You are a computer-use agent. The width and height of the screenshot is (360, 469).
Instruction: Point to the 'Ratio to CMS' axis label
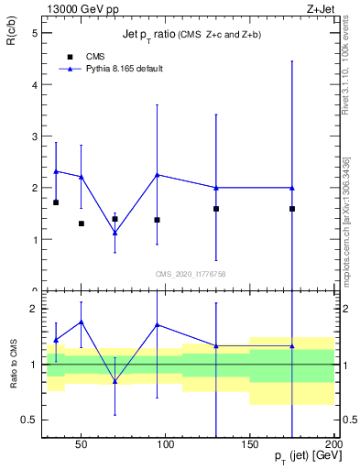tap(14, 364)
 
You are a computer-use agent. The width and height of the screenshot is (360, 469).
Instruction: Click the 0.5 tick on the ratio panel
tap(29, 420)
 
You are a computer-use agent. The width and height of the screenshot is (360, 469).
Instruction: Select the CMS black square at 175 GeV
tap(292, 209)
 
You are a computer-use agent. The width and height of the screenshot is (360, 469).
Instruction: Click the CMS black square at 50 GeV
tap(82, 224)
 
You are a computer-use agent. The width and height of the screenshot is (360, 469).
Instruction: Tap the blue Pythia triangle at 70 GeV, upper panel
tap(115, 233)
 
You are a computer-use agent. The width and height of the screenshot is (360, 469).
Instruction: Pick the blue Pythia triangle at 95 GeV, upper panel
tap(157, 175)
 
